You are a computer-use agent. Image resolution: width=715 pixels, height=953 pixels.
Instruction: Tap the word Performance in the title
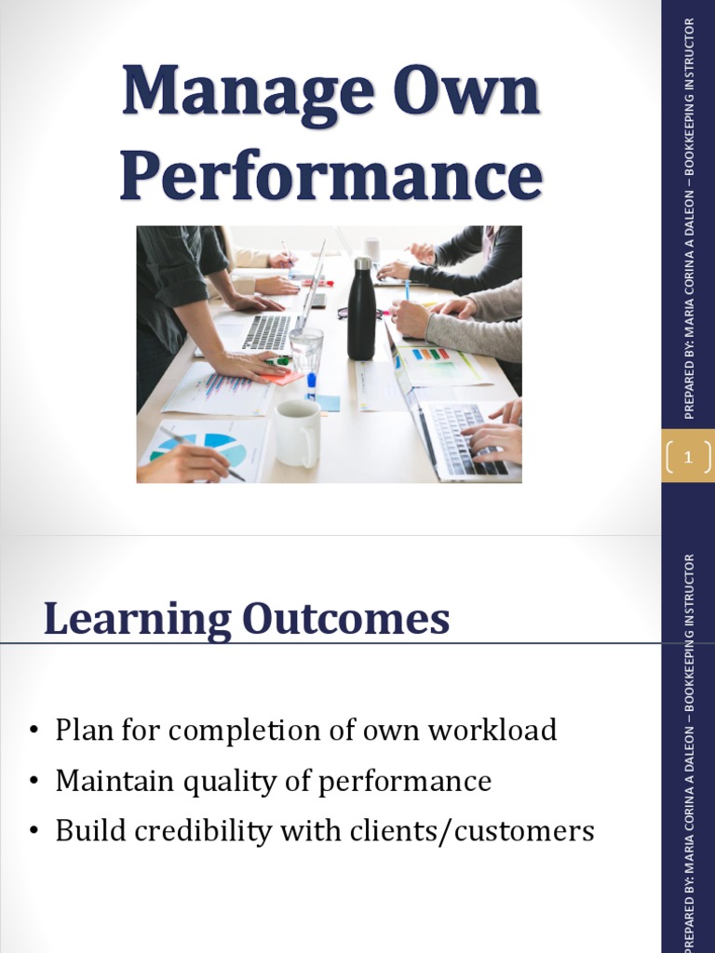click(331, 176)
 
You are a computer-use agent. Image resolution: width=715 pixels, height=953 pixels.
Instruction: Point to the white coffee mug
click(297, 432)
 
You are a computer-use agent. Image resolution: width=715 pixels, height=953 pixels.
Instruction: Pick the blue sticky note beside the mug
click(328, 402)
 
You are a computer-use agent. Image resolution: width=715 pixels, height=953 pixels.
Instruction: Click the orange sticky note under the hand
click(279, 376)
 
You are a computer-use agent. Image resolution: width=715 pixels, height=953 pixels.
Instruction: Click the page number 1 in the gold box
click(688, 456)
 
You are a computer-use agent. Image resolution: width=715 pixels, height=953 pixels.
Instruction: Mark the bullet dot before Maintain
click(34, 782)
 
